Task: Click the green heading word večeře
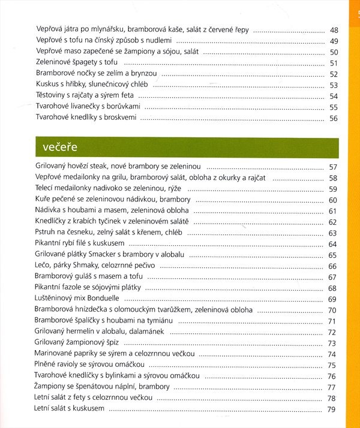pos(62,146)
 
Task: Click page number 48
pos(334,29)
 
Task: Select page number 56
pos(334,118)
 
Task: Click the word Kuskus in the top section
pos(47,85)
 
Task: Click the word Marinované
pos(58,354)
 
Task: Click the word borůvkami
pos(122,107)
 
